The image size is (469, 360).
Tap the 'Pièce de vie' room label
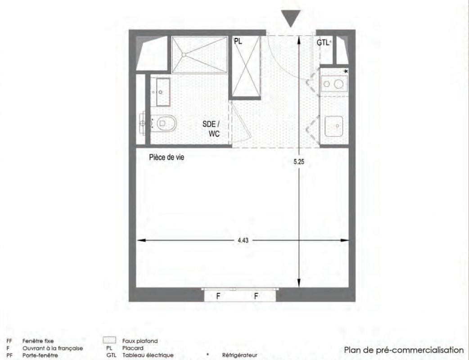click(x=167, y=157)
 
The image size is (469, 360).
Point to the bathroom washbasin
click(x=160, y=92)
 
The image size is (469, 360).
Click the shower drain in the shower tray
click(x=184, y=55)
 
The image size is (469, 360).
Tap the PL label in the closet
click(x=238, y=41)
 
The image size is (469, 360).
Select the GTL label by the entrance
click(x=323, y=43)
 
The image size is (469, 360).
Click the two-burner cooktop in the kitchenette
click(x=334, y=84)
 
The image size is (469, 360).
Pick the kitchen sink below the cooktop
click(x=334, y=126)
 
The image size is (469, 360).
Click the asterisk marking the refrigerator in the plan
click(x=346, y=72)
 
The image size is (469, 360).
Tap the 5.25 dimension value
click(x=299, y=162)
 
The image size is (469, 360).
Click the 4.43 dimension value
click(x=243, y=240)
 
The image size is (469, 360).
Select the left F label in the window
click(x=218, y=296)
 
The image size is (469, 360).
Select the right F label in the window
click(x=256, y=296)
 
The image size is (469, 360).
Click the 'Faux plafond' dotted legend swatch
click(x=109, y=340)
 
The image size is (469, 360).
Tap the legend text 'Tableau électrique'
click(x=148, y=355)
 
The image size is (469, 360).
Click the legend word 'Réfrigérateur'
click(x=239, y=355)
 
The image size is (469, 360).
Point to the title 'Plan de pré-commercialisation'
click(x=404, y=350)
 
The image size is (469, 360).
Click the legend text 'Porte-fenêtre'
click(x=41, y=355)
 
